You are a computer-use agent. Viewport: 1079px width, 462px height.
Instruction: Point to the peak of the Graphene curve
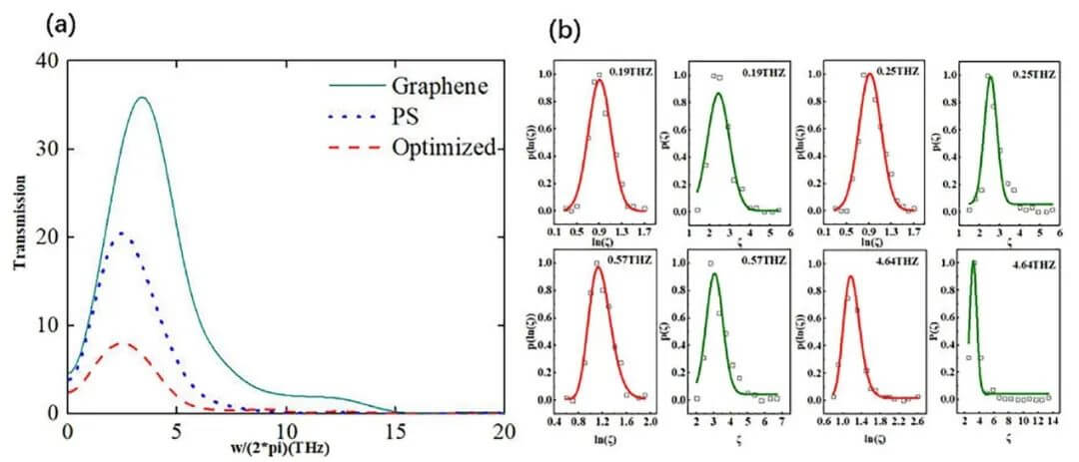pyautogui.click(x=142, y=98)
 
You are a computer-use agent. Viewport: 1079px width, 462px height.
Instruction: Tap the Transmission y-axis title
pyautogui.click(x=18, y=237)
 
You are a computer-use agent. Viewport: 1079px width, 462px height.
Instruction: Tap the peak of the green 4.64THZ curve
pyautogui.click(x=974, y=263)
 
